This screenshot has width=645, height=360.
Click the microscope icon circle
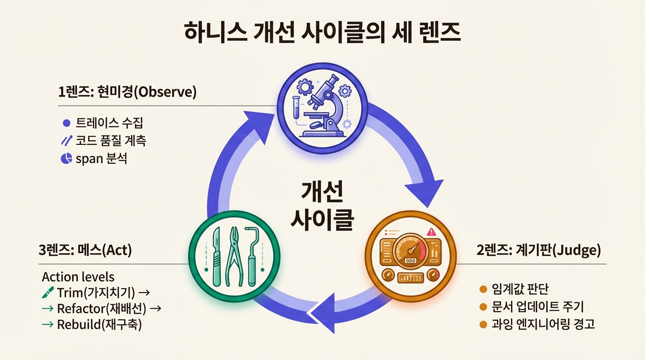[323, 108]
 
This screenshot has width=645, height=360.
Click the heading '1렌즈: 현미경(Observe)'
[127, 92]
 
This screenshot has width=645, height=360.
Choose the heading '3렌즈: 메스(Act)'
[85, 250]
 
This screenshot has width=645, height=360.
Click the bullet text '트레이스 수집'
[109, 123]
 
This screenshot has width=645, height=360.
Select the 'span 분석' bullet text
[101, 158]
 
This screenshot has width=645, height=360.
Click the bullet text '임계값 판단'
[520, 289]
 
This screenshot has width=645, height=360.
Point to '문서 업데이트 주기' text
[538, 307]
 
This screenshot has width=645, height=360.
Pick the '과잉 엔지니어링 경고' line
[543, 324]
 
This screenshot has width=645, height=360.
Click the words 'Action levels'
[78, 276]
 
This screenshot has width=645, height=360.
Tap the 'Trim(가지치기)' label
[96, 293]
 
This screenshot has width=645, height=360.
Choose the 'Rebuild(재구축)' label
[99, 325]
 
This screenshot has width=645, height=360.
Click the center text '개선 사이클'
[322, 206]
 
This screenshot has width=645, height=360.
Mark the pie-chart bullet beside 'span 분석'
[66, 158]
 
